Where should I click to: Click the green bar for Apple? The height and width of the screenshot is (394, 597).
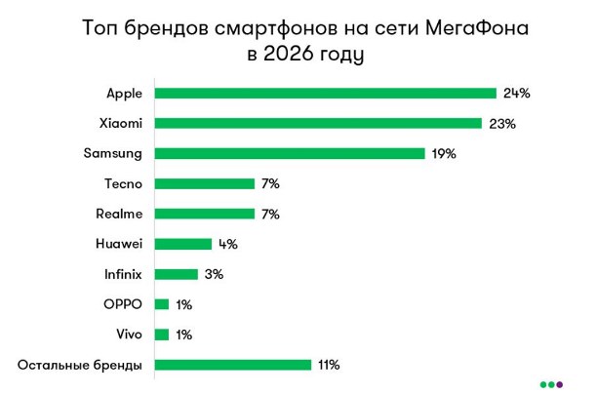coord(325,94)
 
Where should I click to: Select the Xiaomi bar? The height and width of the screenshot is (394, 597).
coord(318,124)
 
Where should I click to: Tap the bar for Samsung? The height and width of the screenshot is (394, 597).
coord(290,154)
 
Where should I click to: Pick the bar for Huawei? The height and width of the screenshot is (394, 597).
coord(182,244)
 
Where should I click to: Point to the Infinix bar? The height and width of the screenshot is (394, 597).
coord(176,274)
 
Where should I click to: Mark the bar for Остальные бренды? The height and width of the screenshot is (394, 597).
coord(232,365)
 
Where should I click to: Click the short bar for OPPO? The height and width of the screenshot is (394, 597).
coord(161,304)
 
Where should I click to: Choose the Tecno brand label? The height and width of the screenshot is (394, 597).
coord(123,183)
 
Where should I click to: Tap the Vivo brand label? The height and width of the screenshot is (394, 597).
coord(130,335)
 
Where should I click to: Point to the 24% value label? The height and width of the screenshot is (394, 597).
coord(516,94)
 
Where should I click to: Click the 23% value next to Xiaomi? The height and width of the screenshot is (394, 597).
coord(501,124)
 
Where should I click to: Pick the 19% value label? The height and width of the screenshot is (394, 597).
coord(445,154)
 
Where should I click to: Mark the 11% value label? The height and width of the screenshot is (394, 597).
coord(327,365)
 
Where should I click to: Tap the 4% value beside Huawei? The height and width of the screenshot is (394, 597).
coord(227,244)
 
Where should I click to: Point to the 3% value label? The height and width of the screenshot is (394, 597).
coord(214,274)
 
